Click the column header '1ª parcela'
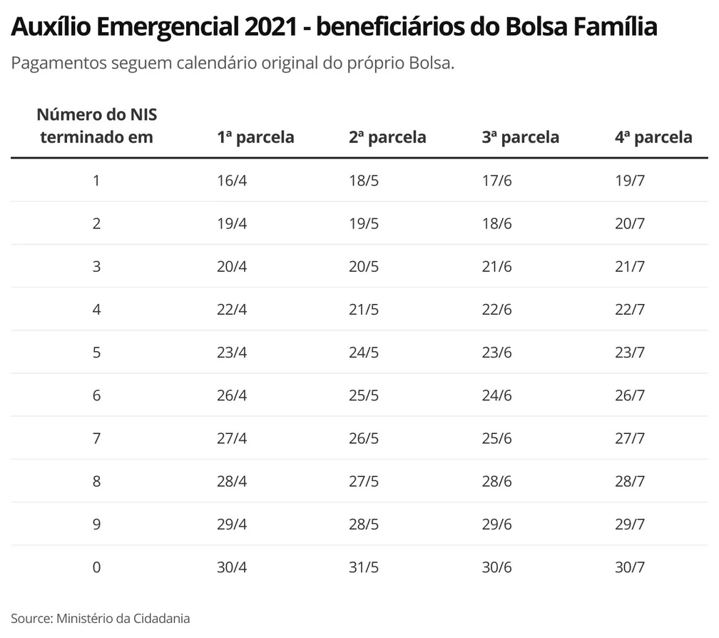255,137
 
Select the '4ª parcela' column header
653,137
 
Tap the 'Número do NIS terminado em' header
96,126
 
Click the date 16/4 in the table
232,181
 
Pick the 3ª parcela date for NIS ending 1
497,181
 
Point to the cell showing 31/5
364,567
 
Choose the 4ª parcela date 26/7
630,395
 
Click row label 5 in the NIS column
96,353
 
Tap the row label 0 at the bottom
96,567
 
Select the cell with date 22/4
232,310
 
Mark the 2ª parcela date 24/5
364,353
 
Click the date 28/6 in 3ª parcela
497,482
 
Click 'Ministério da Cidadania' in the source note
123,618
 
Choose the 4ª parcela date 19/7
630,181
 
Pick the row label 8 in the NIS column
96,482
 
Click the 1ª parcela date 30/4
232,567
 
